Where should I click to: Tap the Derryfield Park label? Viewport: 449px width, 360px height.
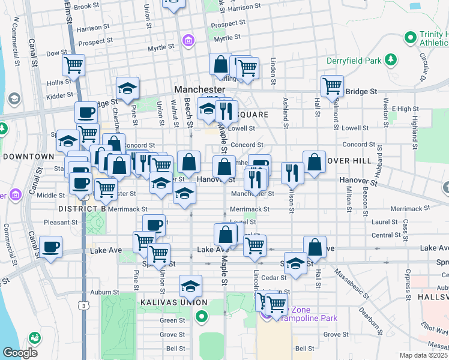[354, 61]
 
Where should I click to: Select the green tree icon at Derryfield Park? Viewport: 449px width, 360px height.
[391, 59]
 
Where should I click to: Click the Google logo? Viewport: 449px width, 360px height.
[20, 353]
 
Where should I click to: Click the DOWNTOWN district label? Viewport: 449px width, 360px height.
[28, 157]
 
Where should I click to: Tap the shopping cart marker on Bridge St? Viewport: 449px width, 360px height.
[331, 85]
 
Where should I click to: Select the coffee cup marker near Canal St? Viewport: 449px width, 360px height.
[50, 247]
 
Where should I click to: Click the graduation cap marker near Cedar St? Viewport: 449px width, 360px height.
[295, 264]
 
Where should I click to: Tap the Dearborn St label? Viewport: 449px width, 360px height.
[375, 319]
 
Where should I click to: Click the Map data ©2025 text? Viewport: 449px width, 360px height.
[423, 355]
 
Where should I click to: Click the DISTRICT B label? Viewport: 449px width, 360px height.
[82, 208]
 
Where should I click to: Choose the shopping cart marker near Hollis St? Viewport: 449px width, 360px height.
[73, 64]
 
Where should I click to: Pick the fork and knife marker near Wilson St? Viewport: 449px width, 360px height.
[292, 172]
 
